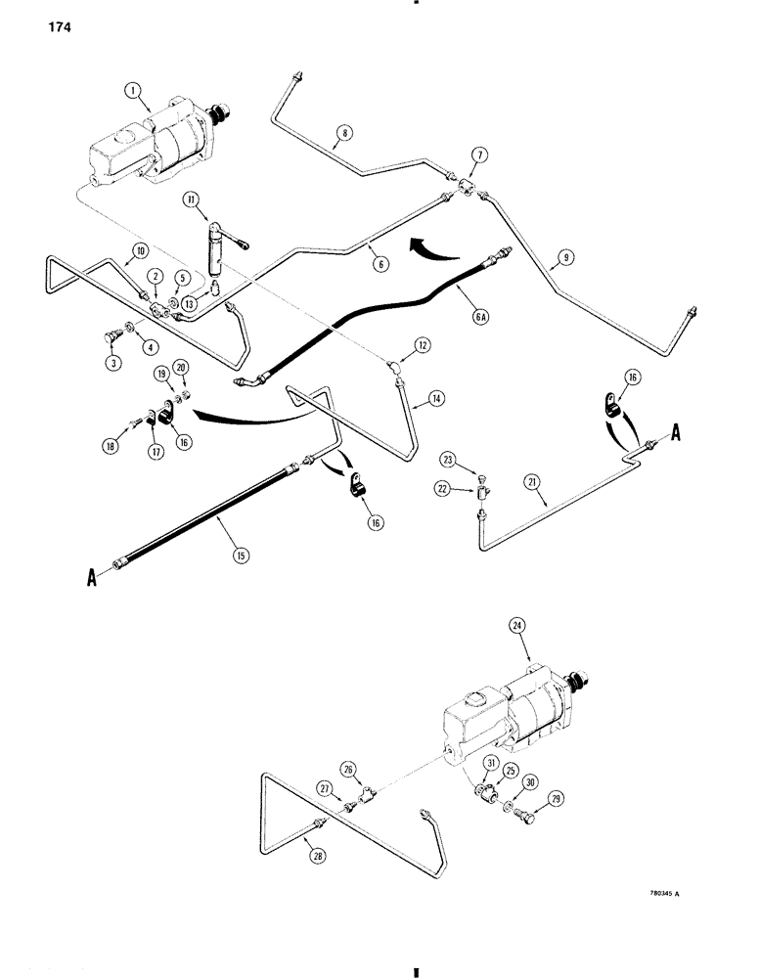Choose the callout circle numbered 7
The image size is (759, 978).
pos(479,155)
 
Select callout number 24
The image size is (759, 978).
pos(518,625)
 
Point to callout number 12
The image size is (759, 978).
pos(422,345)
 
